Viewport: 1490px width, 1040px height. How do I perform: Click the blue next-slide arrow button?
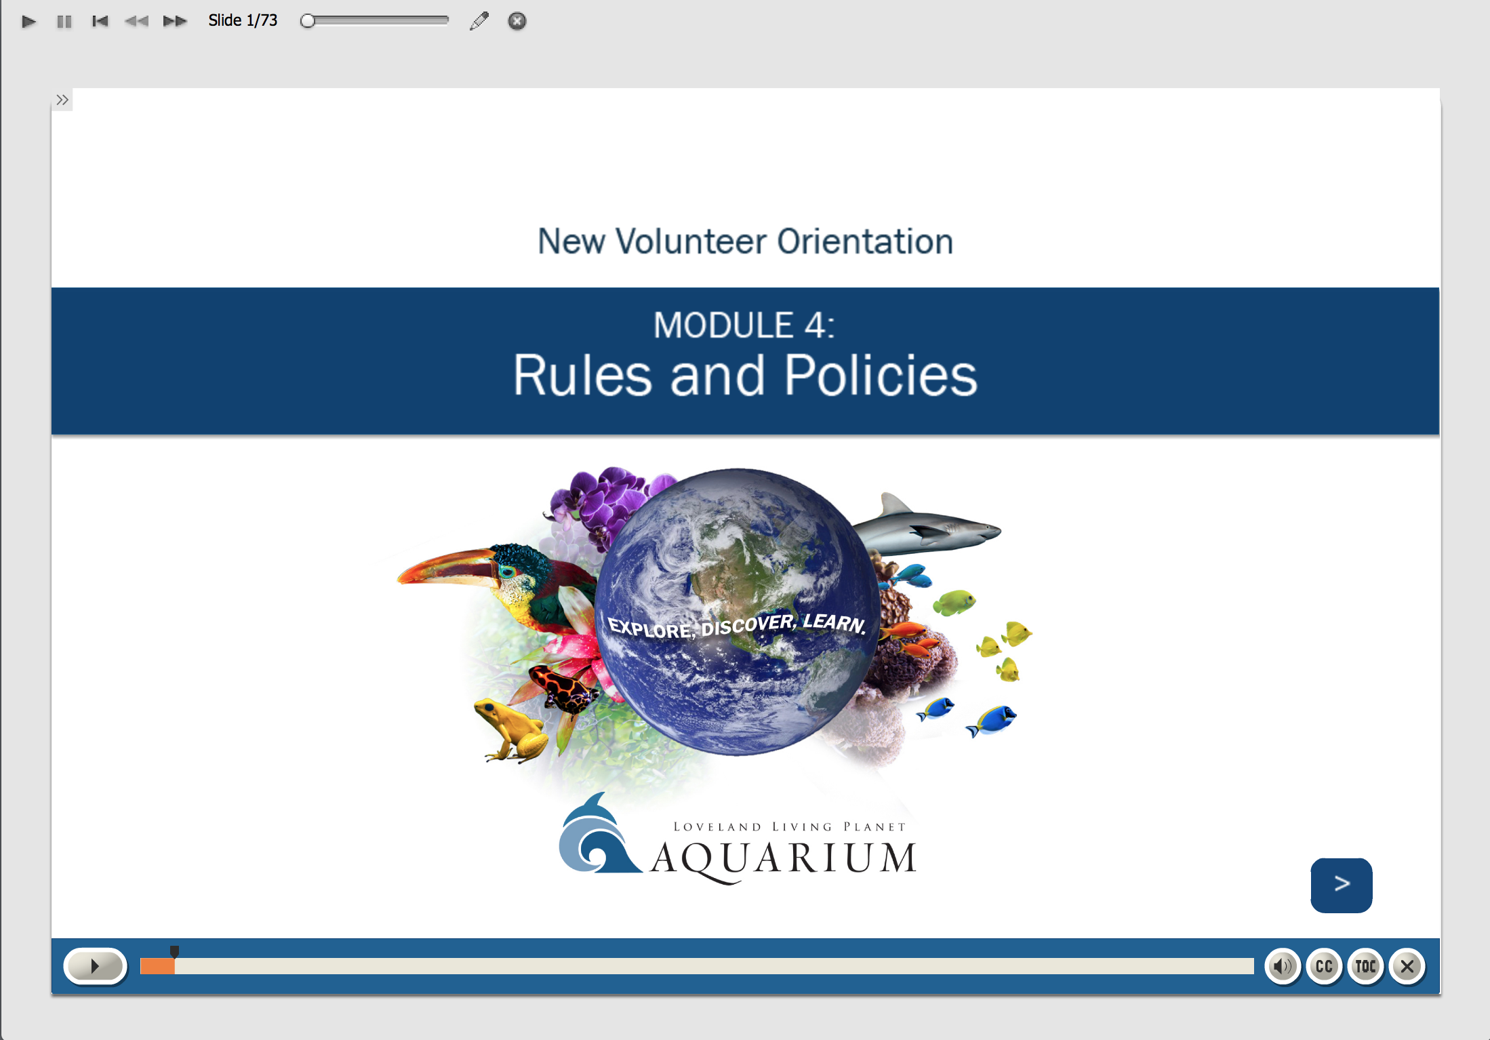coord(1341,885)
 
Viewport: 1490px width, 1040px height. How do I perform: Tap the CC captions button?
coord(1324,966)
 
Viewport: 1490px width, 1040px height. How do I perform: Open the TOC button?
coord(1365,966)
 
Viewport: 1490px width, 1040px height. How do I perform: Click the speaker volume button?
coord(1283,966)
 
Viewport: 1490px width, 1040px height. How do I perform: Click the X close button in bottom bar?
coord(1407,966)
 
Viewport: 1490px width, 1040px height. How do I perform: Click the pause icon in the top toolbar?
coord(64,22)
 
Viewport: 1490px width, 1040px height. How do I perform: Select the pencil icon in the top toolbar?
coord(479,21)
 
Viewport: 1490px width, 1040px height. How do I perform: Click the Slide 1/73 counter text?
coord(243,20)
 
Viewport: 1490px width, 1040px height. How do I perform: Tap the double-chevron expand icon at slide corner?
coord(62,100)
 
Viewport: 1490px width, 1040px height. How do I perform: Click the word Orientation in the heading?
coord(865,241)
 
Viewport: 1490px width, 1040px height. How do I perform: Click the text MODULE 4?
coord(744,325)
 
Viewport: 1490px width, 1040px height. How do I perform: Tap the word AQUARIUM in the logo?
coord(784,858)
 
